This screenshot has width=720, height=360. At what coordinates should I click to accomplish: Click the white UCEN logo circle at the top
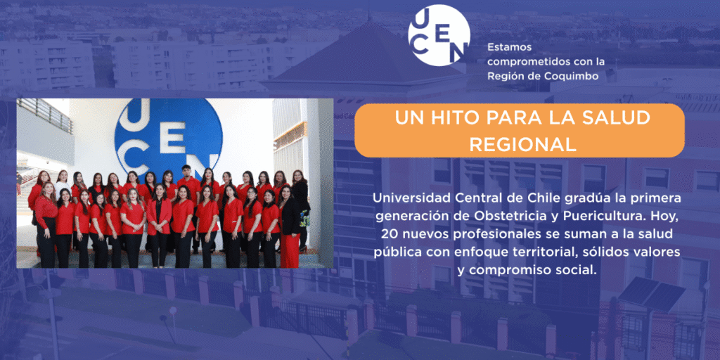[439, 35]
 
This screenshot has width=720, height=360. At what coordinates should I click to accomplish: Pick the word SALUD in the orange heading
[621, 118]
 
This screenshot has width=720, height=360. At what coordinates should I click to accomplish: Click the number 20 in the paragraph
[388, 234]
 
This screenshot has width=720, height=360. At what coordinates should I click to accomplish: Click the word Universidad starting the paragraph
[403, 198]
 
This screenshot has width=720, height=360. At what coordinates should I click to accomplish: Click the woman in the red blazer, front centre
[159, 225]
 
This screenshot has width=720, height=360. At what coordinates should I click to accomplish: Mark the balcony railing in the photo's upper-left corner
[45, 115]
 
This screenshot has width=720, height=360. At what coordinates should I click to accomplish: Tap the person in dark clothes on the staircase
[19, 184]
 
